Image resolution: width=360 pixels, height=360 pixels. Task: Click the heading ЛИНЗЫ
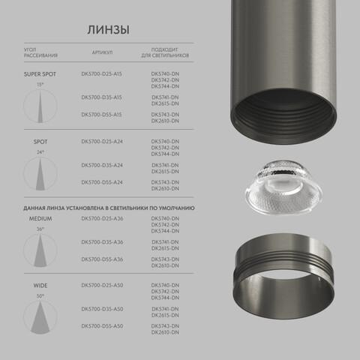point(108,30)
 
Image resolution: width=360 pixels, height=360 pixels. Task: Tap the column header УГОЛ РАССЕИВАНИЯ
point(40,53)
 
